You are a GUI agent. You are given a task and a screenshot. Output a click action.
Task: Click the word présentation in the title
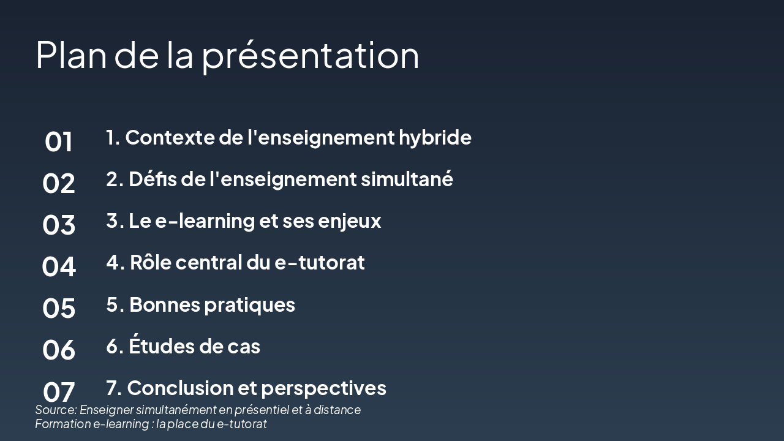[311, 55]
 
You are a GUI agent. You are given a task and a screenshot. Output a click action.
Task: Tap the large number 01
[59, 142]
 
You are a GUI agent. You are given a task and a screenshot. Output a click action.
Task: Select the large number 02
[59, 184]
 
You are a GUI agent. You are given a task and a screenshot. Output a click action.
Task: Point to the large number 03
[59, 225]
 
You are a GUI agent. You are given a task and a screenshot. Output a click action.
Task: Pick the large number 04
[59, 267]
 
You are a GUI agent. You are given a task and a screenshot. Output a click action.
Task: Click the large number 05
[59, 308]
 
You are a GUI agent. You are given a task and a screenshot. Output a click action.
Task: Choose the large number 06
[59, 350]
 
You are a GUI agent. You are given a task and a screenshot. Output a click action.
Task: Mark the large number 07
[59, 391]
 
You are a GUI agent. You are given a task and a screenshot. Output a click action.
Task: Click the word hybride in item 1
[435, 138]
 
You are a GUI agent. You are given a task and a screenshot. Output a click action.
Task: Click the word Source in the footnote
[55, 410]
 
